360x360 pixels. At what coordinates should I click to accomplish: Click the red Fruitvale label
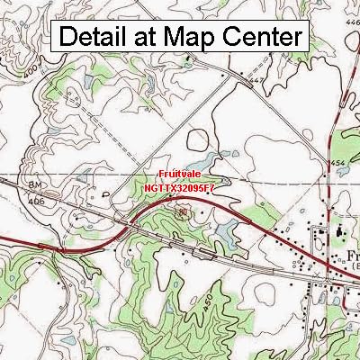(x=180, y=177)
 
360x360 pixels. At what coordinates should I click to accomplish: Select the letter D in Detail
(x=68, y=38)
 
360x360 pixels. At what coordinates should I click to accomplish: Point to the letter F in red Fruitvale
(x=158, y=177)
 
